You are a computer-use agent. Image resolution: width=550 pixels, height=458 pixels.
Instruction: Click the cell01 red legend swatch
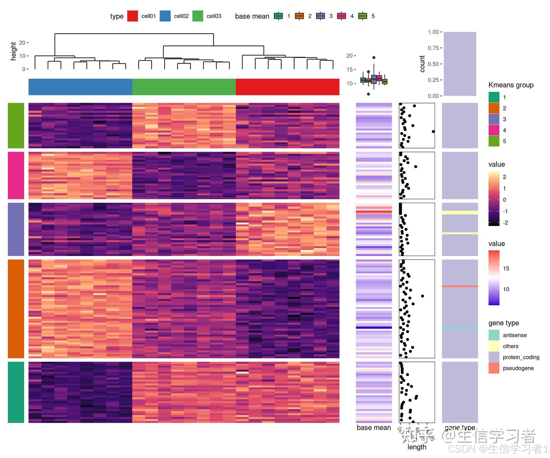pyautogui.click(x=132, y=16)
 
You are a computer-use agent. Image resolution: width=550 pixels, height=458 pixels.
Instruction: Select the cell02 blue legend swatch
pyautogui.click(x=165, y=16)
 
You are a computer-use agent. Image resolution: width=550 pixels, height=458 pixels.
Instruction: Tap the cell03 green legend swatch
pyautogui.click(x=197, y=16)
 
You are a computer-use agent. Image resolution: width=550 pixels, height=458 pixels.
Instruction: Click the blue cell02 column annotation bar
pyautogui.click(x=80, y=87)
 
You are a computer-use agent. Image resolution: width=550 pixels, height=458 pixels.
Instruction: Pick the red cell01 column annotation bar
pyautogui.click(x=288, y=87)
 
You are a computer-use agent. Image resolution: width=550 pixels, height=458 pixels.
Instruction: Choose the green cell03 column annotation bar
pyautogui.click(x=184, y=87)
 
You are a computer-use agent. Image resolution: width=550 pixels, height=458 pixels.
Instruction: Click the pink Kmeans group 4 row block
pyautogui.click(x=16, y=175)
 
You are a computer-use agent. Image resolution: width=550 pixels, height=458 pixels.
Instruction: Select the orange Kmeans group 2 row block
pyautogui.click(x=16, y=309)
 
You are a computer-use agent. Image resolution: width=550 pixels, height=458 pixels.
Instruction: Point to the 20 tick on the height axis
pyautogui.click(x=23, y=43)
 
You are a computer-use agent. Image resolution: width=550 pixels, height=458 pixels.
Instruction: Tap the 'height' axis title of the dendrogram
pyautogui.click(x=14, y=51)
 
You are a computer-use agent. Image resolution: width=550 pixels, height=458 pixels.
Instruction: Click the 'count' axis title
pyautogui.click(x=422, y=64)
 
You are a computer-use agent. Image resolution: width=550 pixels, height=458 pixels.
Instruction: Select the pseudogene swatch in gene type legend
pyautogui.click(x=493, y=368)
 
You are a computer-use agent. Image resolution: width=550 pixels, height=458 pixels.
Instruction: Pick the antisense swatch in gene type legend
pyautogui.click(x=493, y=335)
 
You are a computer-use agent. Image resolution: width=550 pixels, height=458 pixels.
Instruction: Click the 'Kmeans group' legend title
pyautogui.click(x=511, y=85)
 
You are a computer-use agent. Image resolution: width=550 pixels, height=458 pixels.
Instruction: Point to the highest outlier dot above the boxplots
pyautogui.click(x=374, y=58)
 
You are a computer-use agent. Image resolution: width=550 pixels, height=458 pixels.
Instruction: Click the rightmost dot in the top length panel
pyautogui.click(x=433, y=131)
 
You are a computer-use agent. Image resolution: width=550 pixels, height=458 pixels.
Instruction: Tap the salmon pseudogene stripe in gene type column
pyautogui.click(x=460, y=286)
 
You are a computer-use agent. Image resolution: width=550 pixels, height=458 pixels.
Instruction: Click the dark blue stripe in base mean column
pyautogui.click(x=374, y=327)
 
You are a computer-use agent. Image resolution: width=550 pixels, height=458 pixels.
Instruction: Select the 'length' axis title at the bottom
pyautogui.click(x=416, y=447)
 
